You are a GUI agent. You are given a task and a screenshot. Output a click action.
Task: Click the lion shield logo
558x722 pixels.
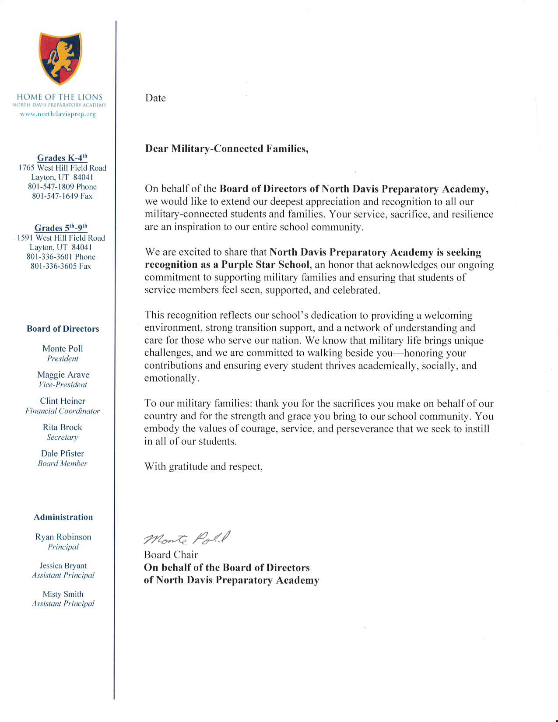coord(60,58)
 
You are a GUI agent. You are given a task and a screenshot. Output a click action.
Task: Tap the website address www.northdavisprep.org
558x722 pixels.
coord(58,114)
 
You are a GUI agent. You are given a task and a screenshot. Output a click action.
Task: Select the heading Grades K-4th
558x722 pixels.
coord(62,158)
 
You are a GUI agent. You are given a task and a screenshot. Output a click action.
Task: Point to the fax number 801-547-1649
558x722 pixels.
coord(62,196)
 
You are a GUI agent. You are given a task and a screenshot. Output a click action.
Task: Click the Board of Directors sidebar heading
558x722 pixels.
coord(63,329)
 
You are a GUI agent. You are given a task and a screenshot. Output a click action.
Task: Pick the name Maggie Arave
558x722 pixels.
coord(63,375)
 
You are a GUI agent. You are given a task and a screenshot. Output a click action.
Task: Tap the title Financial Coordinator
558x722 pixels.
coord(63,411)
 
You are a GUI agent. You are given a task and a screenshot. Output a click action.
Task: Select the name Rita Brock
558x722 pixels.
coord(63,428)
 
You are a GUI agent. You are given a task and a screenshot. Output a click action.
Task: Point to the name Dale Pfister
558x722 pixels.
coord(63,454)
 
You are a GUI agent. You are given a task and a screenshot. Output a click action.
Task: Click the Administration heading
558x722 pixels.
coord(63,517)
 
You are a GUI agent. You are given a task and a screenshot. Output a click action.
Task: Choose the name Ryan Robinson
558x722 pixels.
coord(63,537)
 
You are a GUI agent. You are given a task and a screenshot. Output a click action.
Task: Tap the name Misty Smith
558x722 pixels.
coord(63,594)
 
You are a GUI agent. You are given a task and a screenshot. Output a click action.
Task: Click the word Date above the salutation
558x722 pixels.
coord(155,98)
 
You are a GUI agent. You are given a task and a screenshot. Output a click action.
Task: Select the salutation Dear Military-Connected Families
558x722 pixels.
coord(227,149)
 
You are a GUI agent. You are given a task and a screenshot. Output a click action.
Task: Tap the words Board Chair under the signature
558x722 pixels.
coord(171,555)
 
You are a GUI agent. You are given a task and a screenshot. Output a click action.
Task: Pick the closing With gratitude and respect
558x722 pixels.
coord(204,466)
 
